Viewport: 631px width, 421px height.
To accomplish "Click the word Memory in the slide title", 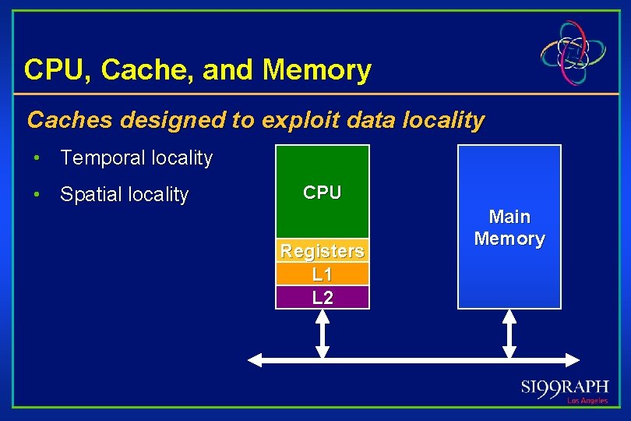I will [317, 70].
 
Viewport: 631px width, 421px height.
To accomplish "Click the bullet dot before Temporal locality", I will [36, 158].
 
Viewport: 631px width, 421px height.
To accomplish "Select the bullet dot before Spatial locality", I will [36, 194].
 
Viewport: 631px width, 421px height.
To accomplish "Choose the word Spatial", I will [93, 194].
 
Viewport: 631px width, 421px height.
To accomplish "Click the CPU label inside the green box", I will [322, 193].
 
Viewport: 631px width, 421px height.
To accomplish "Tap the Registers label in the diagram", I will [322, 251].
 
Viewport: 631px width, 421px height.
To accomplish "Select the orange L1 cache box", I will [322, 274].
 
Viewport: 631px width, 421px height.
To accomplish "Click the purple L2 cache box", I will [322, 297].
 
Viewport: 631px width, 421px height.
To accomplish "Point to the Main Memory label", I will [509, 228].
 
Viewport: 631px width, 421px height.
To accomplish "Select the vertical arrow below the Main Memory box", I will [509, 334].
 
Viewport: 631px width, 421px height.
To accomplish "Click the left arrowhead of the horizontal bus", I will [254, 359].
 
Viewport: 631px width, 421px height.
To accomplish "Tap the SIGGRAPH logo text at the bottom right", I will [565, 389].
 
